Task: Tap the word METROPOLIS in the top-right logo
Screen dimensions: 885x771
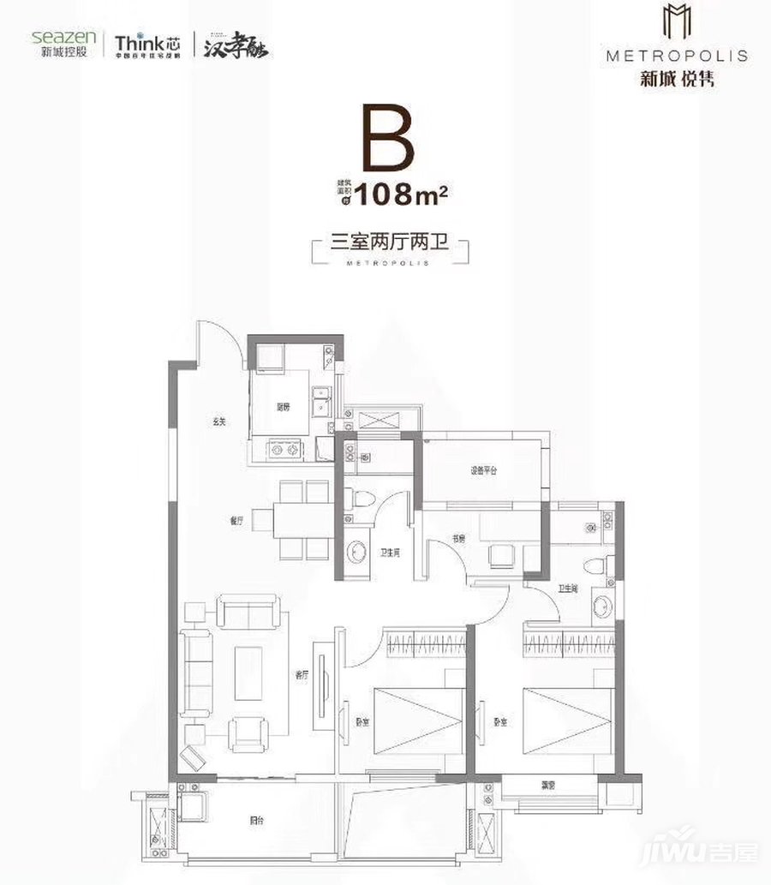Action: tap(676, 57)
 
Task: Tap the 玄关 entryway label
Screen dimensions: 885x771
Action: tap(219, 421)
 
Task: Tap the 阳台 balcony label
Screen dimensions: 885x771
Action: tap(256, 820)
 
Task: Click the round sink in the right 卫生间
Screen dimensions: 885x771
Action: tap(602, 607)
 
